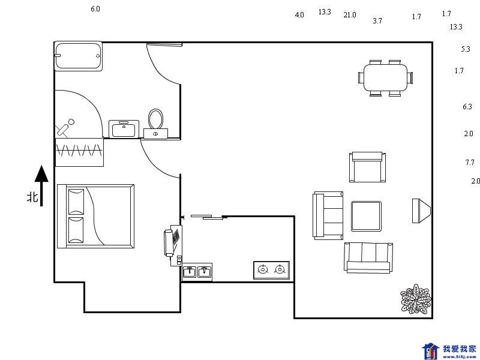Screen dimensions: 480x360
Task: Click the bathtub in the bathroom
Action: coord(79,56)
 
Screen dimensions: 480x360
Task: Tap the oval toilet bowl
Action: coord(155,119)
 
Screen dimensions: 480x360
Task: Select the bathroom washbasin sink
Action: coord(124,129)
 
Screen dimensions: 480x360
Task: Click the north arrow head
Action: coord(41,174)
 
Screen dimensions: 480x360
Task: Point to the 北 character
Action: coord(33,197)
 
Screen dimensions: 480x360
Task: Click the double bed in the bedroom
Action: coord(96,216)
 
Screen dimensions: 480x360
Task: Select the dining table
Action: coord(385,78)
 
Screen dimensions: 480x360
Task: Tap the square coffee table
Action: coord(366,216)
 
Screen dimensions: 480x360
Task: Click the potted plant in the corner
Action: coord(416,299)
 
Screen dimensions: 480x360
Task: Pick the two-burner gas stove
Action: coord(272,270)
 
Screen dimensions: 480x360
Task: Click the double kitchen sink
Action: coord(197,272)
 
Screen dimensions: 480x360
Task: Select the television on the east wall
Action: coord(421,211)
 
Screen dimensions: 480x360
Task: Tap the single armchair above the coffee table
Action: coord(367,167)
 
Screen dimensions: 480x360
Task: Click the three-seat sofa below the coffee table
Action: coord(368,258)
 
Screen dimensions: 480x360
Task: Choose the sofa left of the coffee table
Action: coord(328,215)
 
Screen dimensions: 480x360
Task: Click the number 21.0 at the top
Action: coord(350,14)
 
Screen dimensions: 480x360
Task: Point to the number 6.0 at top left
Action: coord(95,9)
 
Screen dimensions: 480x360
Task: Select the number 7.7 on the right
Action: coord(470,162)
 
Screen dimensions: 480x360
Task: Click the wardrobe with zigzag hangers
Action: coord(79,152)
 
